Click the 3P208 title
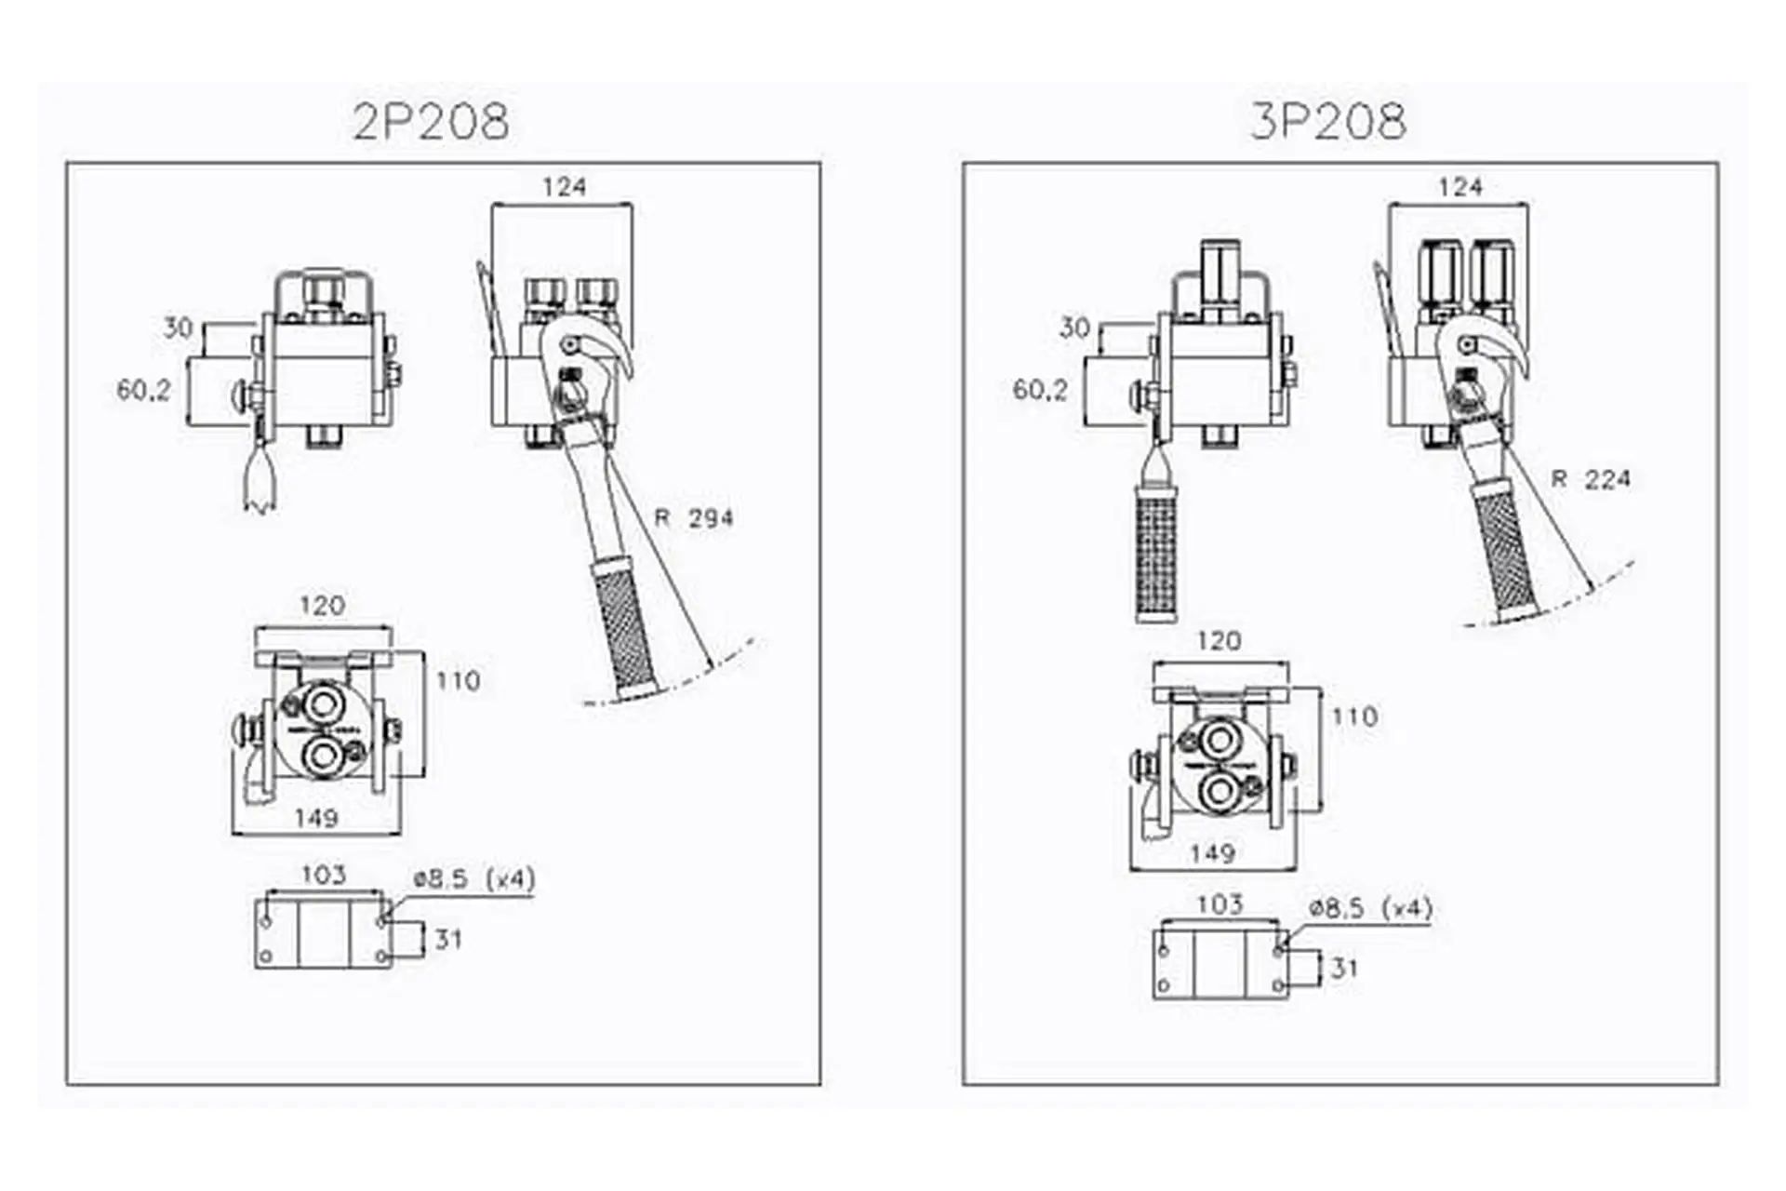point(1327,121)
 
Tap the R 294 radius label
point(694,518)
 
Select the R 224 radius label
point(1591,479)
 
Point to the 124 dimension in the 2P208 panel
point(564,187)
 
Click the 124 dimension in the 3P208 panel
point(1459,187)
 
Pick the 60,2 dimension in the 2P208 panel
point(143,390)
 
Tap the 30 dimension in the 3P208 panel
point(1074,328)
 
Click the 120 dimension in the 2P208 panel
point(322,606)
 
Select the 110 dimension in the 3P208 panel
point(1354,716)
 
